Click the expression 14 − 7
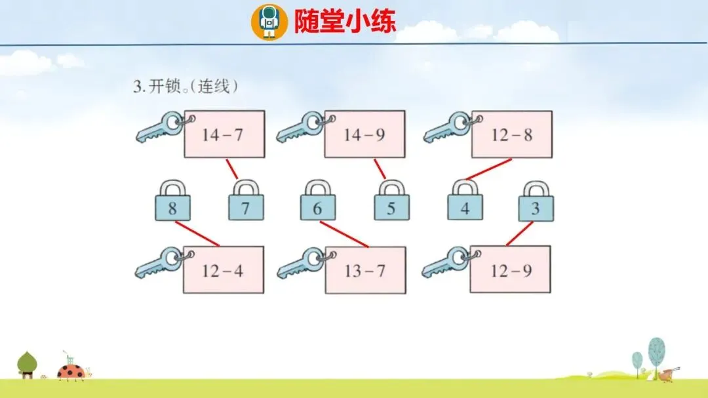(x=224, y=134)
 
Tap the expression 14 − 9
(x=365, y=134)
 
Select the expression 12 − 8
(x=511, y=134)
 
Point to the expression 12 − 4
(x=224, y=270)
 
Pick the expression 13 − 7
(x=365, y=270)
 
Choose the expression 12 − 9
(x=511, y=269)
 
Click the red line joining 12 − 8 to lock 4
(x=488, y=169)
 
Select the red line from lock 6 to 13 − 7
(x=344, y=234)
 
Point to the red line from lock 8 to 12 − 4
(x=197, y=233)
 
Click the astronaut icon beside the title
(x=269, y=21)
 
